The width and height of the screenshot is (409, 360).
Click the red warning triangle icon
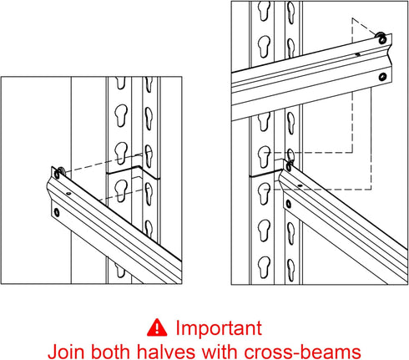[x=157, y=327]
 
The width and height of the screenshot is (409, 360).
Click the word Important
[x=219, y=328]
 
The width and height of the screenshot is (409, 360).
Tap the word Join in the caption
[x=66, y=352]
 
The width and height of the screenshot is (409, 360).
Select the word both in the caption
[x=111, y=352]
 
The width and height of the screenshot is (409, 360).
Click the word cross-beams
[x=302, y=352]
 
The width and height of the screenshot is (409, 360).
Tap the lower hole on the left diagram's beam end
[x=57, y=213]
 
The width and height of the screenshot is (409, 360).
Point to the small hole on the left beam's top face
[x=68, y=193]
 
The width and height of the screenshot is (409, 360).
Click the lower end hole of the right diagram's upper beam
[x=382, y=77]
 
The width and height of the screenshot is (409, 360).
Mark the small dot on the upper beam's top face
[x=358, y=54]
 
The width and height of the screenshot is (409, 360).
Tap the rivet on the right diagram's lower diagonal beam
[x=289, y=166]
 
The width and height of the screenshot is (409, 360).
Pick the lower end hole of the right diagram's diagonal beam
[x=289, y=204]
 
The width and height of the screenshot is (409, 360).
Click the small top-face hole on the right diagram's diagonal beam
[x=300, y=185]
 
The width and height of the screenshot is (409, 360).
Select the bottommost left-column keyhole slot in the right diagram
[x=264, y=267]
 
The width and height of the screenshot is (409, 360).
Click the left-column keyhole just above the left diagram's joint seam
[x=121, y=153]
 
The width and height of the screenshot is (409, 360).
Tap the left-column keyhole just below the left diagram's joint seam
[x=121, y=190]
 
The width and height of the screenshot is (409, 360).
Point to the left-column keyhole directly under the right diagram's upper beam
[x=264, y=122]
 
